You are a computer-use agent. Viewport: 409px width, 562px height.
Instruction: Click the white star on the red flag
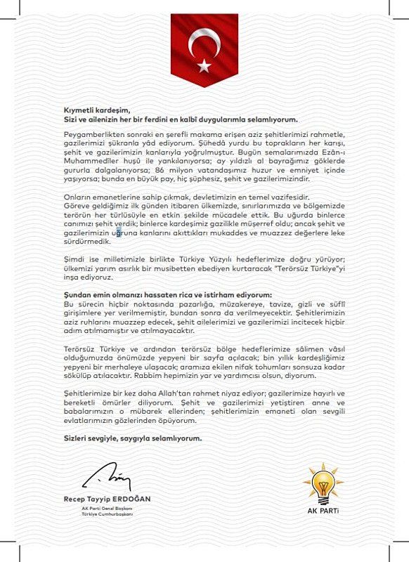(204, 65)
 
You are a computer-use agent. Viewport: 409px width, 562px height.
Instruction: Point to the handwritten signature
(105, 477)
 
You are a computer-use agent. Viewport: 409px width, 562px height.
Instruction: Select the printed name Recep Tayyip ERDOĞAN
(107, 498)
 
